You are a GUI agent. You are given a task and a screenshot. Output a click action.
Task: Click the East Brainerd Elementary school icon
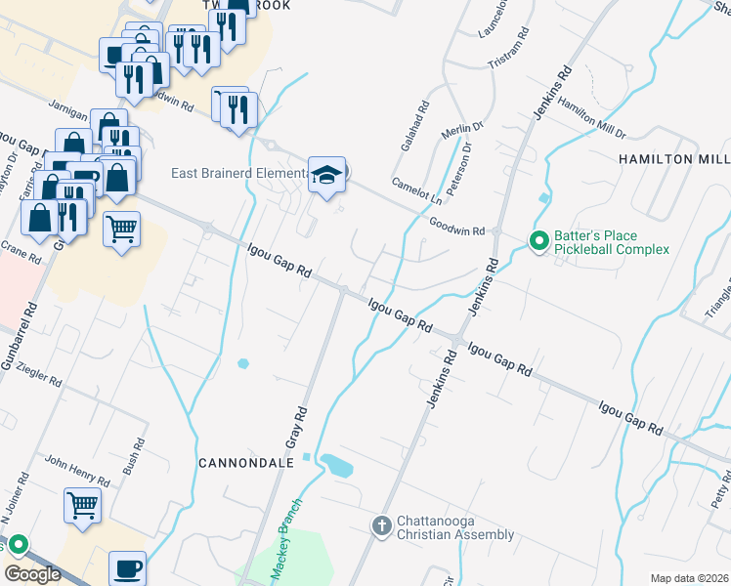pyautogui.click(x=327, y=175)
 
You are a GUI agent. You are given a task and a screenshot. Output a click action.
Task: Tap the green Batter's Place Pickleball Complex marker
pyautogui.click(x=537, y=239)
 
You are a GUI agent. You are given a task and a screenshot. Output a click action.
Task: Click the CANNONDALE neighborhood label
pyautogui.click(x=246, y=462)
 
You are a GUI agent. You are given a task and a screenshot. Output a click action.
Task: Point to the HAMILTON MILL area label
pyautogui.click(x=673, y=158)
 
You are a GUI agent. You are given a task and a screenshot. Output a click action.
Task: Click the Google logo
pyautogui.click(x=32, y=573)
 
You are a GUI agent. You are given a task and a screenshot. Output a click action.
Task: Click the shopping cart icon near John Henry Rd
pyautogui.click(x=83, y=506)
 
